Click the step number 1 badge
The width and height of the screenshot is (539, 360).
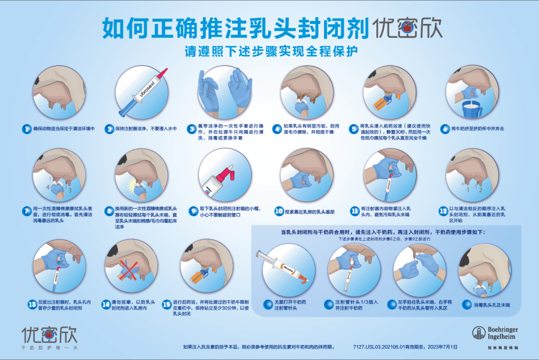[x=27, y=129]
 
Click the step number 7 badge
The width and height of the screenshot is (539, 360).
[x=27, y=211]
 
